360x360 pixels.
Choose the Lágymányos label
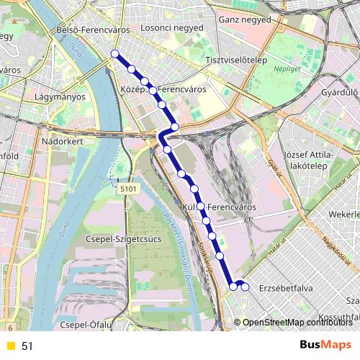pos(60,96)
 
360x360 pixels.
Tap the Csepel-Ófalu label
pos(86,325)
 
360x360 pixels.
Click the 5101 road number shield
pos(128,189)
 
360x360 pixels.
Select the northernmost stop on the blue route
pos(115,53)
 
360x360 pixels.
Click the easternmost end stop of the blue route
pos(245,287)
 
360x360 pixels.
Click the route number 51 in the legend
pos(27,346)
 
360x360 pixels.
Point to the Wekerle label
pos(343,215)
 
